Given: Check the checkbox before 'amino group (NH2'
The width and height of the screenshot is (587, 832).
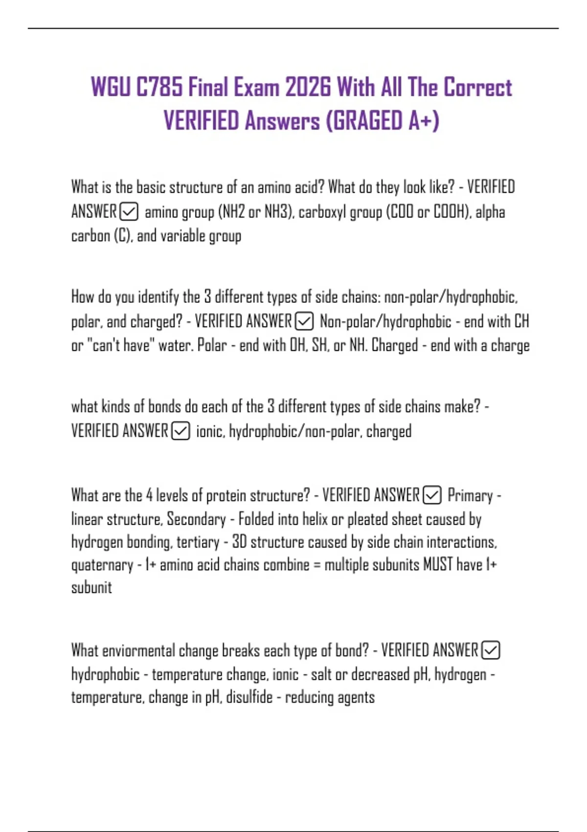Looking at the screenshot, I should [x=129, y=212].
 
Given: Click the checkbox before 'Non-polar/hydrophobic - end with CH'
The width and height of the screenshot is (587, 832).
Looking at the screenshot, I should [x=304, y=322].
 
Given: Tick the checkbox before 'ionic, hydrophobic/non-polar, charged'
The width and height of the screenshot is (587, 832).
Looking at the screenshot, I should [x=181, y=431].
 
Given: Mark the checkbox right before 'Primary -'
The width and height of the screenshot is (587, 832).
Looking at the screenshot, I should [x=432, y=495].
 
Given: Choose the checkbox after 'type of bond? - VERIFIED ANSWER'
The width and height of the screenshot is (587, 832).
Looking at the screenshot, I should [x=491, y=650].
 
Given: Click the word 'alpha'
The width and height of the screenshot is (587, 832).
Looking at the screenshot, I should [x=490, y=212].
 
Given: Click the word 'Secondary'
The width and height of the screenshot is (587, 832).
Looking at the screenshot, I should [x=196, y=519].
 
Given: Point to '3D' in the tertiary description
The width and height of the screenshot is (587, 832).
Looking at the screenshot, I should [x=239, y=542].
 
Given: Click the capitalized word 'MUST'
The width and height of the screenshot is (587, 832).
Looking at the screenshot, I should [x=438, y=564].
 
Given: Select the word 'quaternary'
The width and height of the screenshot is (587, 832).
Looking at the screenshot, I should [x=102, y=565].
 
